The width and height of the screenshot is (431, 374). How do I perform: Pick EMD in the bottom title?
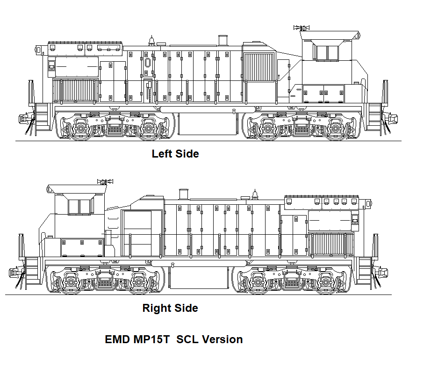pyautogui.click(x=117, y=339)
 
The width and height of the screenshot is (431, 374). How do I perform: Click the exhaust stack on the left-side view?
pyautogui.click(x=223, y=41)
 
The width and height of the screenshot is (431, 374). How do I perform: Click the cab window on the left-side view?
pyautogui.click(x=326, y=52)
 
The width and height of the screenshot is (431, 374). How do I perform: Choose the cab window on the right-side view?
pyautogui.click(x=81, y=207)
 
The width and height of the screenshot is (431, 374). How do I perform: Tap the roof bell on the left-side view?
pyautogui.click(x=151, y=40)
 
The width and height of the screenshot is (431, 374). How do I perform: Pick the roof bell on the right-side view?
pyautogui.click(x=255, y=194)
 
